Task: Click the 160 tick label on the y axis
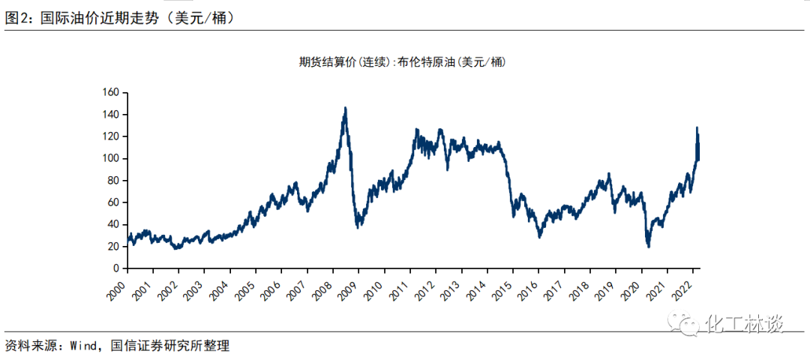pos(110,93)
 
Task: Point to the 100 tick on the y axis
pos(110,159)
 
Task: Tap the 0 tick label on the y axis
pos(116,268)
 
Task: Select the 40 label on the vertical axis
pos(113,224)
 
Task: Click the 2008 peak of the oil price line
pos(345,108)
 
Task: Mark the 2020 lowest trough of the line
pos(648,247)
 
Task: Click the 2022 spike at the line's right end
pos(697,128)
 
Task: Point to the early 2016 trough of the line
pos(539,237)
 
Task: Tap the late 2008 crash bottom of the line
pos(358,227)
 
